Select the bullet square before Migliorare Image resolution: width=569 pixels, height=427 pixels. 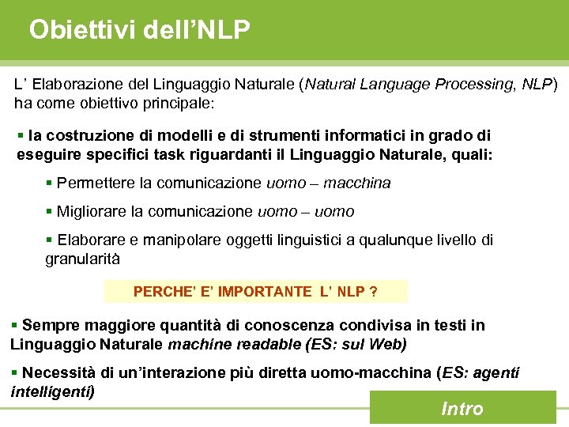[49, 211]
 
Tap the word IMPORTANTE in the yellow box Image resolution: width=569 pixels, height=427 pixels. [265, 292]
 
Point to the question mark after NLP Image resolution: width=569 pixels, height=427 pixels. [373, 292]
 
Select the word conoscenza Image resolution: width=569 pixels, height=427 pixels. [285, 325]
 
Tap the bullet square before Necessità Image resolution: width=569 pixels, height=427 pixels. [14, 372]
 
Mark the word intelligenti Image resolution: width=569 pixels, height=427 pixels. [51, 391]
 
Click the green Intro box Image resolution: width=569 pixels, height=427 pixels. [462, 408]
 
